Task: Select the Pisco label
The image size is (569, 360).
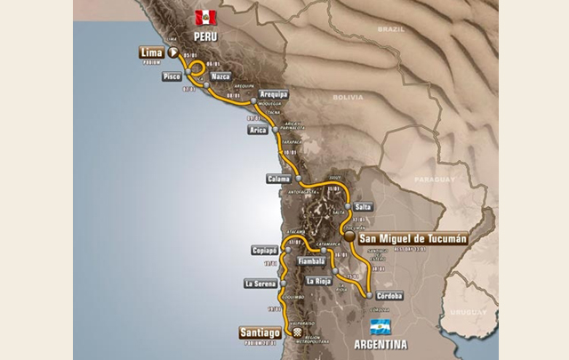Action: point(172,77)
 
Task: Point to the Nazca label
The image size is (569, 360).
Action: point(220,76)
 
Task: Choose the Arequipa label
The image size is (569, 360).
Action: point(274,93)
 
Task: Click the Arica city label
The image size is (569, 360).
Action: point(258,130)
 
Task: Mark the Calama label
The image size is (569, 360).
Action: point(278,179)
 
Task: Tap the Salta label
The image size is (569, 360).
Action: point(363,206)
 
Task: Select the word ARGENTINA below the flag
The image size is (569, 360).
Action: point(380,343)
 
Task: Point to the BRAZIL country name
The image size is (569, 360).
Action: point(390,29)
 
